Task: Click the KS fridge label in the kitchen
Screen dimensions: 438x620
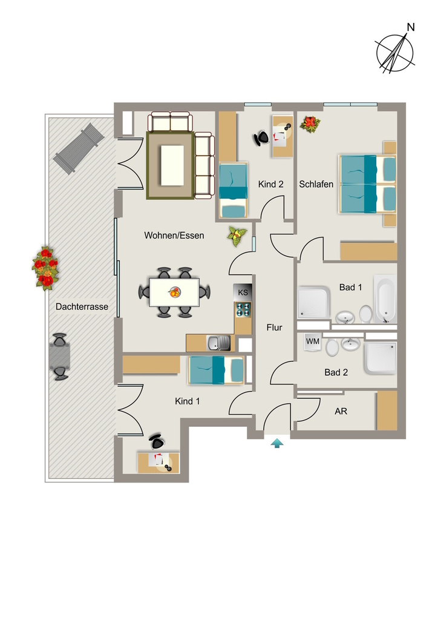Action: (x=243, y=292)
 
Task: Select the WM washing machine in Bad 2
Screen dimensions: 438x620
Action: (x=313, y=341)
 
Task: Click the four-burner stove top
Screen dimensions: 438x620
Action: (x=243, y=309)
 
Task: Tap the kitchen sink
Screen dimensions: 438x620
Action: (x=218, y=343)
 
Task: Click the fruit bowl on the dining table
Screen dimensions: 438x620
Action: (x=174, y=292)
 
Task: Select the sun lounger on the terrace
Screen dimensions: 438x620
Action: (x=79, y=148)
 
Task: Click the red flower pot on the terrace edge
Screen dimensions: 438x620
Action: (x=45, y=268)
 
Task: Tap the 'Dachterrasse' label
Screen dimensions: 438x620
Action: (x=82, y=306)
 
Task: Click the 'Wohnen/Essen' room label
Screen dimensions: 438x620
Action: (x=174, y=236)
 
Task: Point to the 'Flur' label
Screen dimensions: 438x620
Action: (x=274, y=328)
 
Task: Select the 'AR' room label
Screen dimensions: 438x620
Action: (x=341, y=411)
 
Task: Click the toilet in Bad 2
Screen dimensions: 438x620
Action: (x=332, y=347)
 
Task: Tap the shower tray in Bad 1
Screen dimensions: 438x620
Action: (x=313, y=302)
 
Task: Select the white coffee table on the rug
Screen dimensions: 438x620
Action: (x=172, y=165)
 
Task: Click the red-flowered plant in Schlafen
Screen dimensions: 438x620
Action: (x=310, y=124)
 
